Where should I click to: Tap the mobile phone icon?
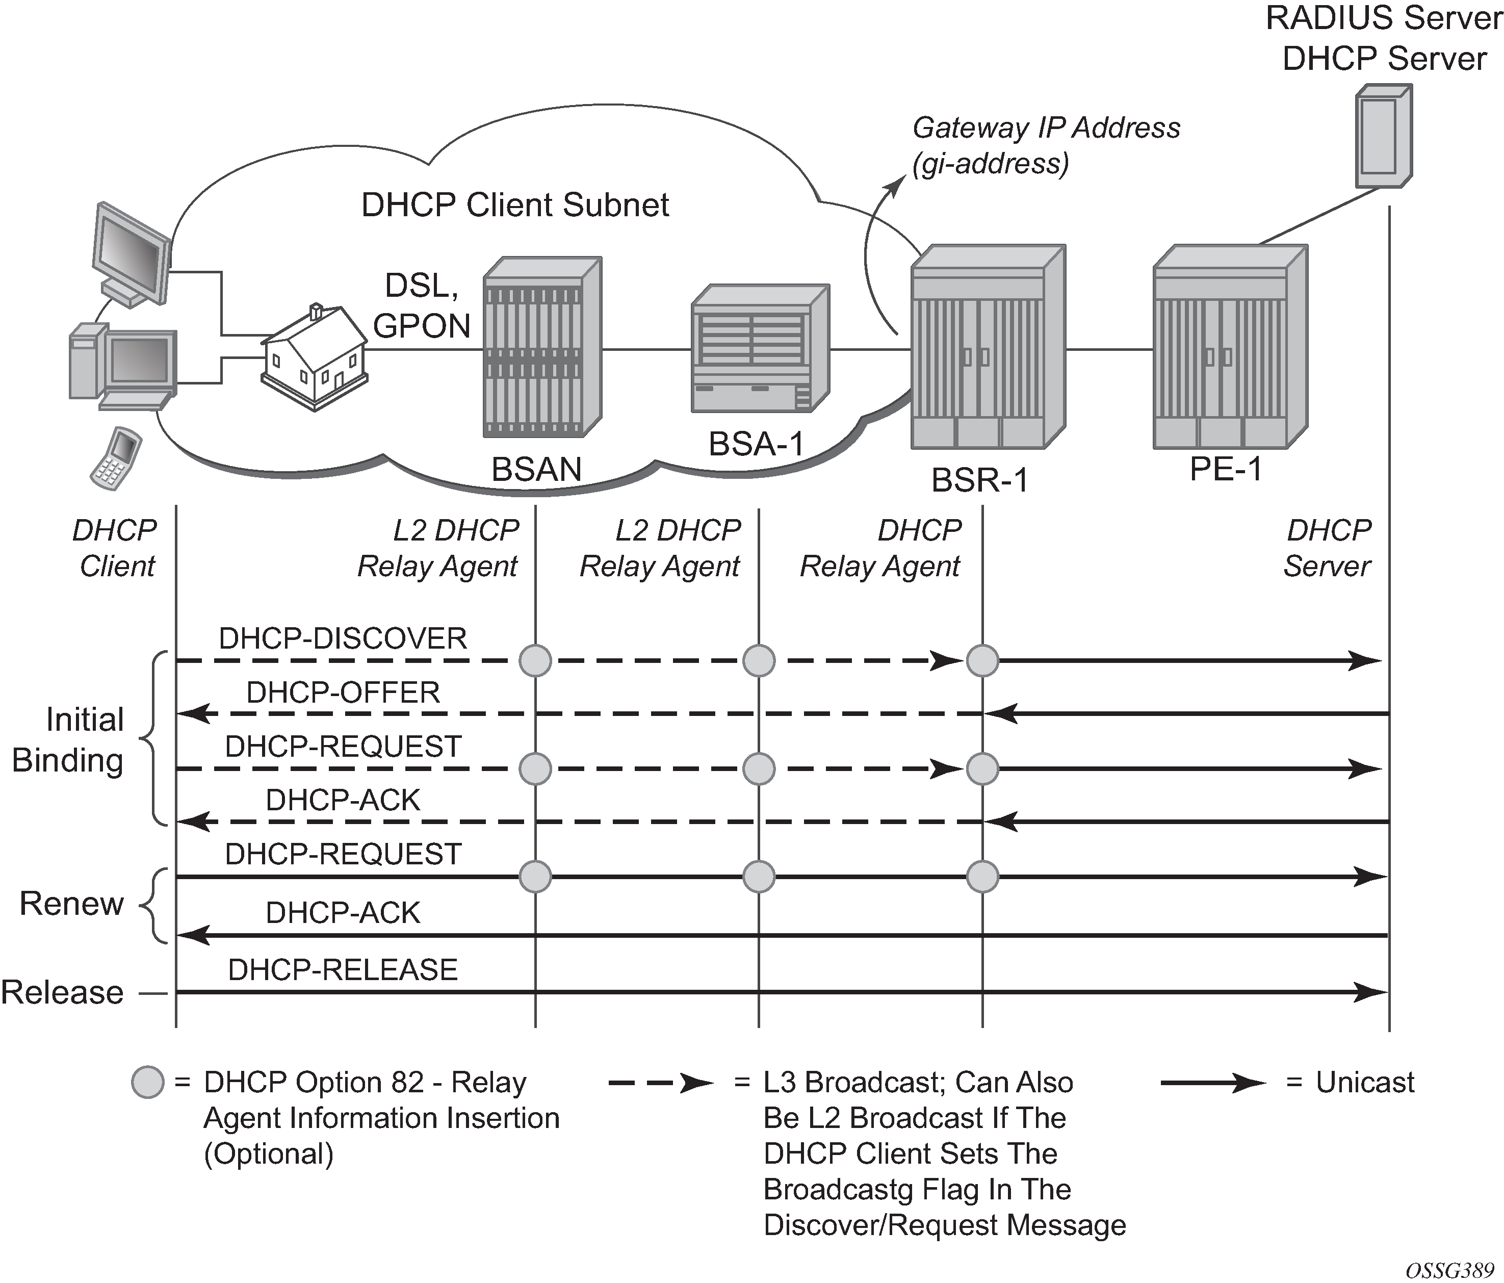115,457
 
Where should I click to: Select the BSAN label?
536,469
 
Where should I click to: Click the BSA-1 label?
757,444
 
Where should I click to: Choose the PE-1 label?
1226,469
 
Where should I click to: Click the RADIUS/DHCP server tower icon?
1384,137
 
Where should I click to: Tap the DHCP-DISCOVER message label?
343,639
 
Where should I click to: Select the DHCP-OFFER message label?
343,692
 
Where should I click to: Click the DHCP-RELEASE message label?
343,970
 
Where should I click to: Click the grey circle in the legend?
147,1083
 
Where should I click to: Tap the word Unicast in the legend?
1365,1083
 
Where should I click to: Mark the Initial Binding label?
68,740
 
